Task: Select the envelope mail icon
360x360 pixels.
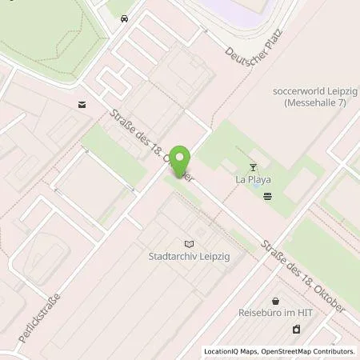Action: point(82,104)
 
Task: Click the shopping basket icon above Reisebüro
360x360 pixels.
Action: point(276,301)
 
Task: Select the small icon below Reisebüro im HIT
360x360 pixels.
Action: point(296,329)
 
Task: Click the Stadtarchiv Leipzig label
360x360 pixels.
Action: point(189,258)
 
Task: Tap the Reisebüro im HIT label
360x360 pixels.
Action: point(275,314)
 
